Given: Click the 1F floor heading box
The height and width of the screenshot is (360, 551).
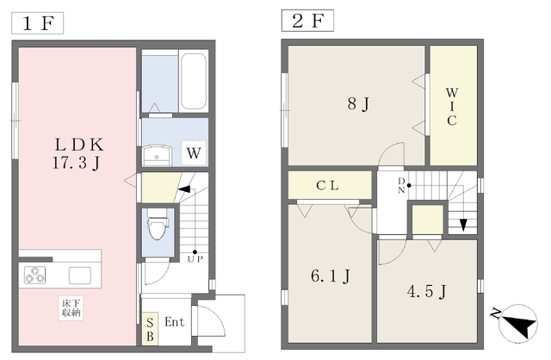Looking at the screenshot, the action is coord(38,23).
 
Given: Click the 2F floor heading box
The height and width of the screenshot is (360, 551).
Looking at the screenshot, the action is coord(307,21).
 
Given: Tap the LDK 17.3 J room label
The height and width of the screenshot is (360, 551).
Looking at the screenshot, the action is coord(78,153).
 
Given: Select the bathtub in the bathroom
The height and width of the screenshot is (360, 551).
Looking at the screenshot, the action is coord(193,81).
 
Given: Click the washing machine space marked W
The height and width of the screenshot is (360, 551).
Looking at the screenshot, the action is coord(194,153).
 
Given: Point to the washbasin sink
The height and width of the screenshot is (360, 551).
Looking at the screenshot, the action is coord(157,155).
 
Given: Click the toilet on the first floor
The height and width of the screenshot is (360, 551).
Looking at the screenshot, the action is coord(158,224).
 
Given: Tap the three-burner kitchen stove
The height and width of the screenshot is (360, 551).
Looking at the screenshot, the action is coord(34,275).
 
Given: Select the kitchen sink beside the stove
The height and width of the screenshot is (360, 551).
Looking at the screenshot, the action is coord(80,276).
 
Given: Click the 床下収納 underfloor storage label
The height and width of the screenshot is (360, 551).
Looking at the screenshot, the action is coord(71,308).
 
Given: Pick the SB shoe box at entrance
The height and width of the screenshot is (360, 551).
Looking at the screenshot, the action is coord(150,329).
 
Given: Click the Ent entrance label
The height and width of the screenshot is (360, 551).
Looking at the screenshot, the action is coord(174,322).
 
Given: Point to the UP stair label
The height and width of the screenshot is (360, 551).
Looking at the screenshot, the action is coord(195,259).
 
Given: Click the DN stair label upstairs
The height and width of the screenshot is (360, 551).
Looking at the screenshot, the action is coord(401,186).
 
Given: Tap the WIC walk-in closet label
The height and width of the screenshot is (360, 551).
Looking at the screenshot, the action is coord(452,107).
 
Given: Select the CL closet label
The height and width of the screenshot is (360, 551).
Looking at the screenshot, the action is coord(327,185).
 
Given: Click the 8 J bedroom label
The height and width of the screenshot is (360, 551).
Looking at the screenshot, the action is coord(358,103).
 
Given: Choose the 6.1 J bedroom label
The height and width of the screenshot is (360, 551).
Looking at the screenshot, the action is coord(331,276).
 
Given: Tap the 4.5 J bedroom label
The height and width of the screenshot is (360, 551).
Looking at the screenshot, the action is coord(427,291).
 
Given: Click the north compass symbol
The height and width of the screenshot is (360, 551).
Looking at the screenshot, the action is coord(517,324).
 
